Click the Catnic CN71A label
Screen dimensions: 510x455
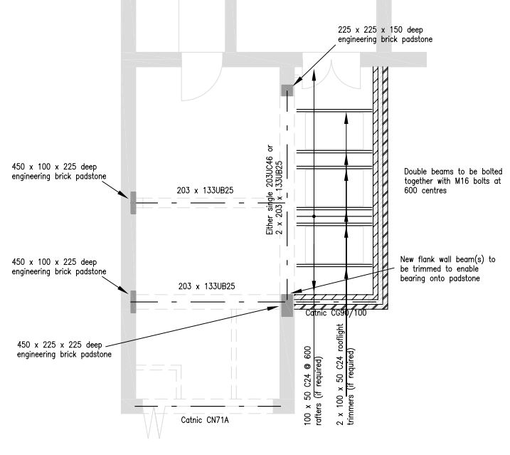tap(205, 420)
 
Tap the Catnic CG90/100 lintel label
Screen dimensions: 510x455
tap(336, 313)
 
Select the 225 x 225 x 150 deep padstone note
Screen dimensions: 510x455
tap(385, 34)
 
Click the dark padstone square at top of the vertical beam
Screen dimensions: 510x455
tap(287, 90)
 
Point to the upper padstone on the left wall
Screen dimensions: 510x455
tap(133, 203)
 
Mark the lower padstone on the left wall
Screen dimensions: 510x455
tap(133, 302)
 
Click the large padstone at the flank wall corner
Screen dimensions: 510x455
tap(287, 305)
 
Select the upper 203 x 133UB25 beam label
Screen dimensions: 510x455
tap(206, 191)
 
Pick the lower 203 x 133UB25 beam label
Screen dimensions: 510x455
tap(206, 286)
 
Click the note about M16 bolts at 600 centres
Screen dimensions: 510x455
tap(453, 181)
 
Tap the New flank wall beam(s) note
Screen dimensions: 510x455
tap(448, 269)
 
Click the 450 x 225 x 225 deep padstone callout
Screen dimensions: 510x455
tap(64, 350)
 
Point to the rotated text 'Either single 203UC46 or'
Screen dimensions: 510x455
tap(270, 190)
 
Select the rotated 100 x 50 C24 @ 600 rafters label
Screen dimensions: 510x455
tap(312, 386)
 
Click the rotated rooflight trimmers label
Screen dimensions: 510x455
tap(345, 375)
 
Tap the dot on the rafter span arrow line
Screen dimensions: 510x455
tap(314, 216)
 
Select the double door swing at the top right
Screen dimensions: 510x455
tap(331, 75)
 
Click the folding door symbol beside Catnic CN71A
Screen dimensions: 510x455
tap(154, 422)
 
